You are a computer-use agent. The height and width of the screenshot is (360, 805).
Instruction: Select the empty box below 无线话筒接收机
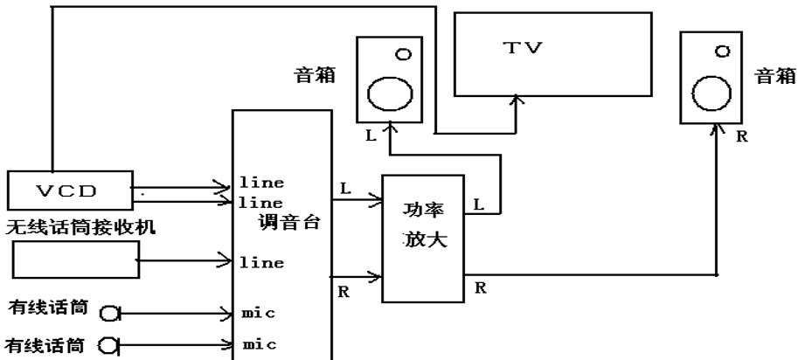point(77,261)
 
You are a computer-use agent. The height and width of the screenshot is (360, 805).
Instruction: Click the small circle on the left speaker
point(401,54)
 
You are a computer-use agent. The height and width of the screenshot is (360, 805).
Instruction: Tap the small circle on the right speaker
point(722,52)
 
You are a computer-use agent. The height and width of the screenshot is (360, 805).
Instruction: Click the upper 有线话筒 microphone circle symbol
point(110,312)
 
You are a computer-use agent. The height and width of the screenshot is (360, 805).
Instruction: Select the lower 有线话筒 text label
point(41,343)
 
